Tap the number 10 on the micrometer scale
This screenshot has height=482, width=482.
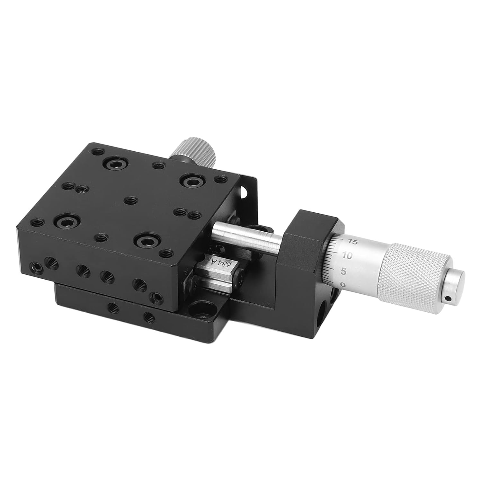[348, 255]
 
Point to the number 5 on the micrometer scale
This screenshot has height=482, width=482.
[343, 271]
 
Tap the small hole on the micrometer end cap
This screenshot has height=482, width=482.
[449, 299]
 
